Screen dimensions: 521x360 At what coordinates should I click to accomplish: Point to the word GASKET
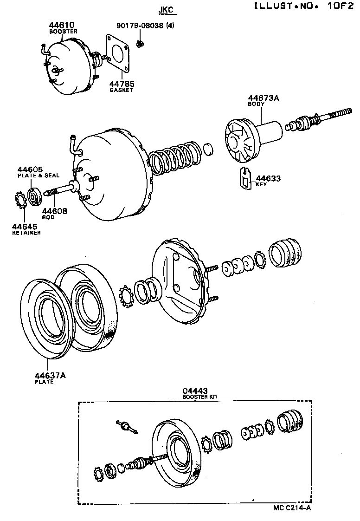click(121, 90)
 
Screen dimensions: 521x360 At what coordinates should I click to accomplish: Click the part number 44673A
click(264, 98)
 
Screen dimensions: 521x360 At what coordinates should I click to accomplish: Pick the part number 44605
click(30, 169)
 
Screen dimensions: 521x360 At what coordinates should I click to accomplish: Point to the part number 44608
click(55, 211)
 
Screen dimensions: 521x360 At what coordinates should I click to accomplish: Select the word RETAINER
click(26, 233)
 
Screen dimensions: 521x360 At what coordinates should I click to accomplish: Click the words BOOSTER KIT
click(200, 397)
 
